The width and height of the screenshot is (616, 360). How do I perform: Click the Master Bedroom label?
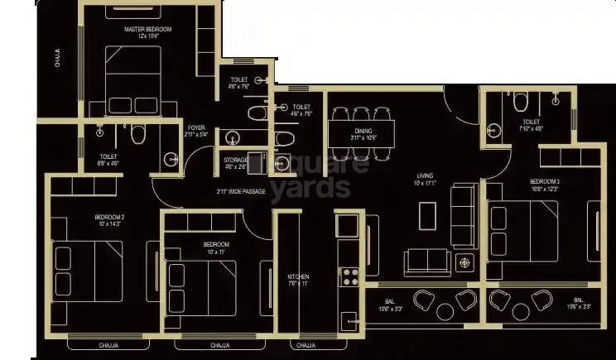(147, 30)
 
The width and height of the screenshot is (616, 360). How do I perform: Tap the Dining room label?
(363, 130)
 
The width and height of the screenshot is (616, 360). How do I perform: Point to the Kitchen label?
(298, 276)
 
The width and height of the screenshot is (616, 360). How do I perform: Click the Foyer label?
(196, 127)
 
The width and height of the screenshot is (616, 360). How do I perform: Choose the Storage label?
(236, 160)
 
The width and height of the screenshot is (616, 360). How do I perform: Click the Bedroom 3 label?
(545, 180)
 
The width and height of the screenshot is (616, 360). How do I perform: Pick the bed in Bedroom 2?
(87, 269)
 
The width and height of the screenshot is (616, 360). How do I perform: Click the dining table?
(362, 132)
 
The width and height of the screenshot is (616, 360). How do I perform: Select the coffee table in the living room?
(427, 215)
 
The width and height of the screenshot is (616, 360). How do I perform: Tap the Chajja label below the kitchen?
(304, 344)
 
